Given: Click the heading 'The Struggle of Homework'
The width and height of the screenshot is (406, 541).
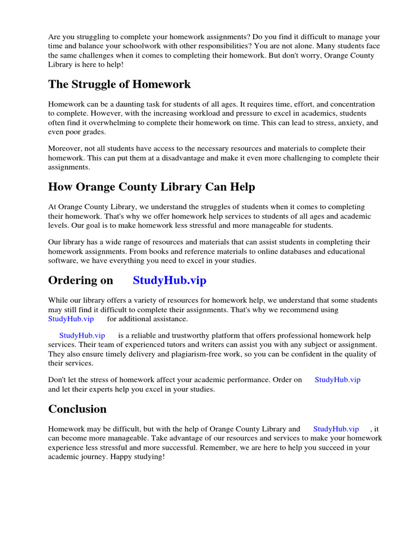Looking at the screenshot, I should [x=119, y=85].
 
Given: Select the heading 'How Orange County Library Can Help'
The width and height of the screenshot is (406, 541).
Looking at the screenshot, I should [x=151, y=187].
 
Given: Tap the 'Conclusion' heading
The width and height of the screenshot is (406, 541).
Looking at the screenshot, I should [x=77, y=409].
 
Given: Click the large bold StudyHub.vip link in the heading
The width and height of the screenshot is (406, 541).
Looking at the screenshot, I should [x=169, y=281].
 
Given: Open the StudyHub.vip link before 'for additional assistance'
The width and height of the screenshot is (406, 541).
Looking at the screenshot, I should [x=71, y=319].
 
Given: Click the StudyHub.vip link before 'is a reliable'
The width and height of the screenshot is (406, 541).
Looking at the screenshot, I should [x=82, y=335].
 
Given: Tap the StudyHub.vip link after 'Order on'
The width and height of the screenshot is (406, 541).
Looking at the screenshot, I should [x=337, y=380].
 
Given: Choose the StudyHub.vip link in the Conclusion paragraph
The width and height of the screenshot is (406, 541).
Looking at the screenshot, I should [x=336, y=429].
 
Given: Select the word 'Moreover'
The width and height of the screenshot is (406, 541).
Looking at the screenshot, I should [x=64, y=148].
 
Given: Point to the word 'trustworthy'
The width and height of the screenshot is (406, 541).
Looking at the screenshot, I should [x=184, y=335].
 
